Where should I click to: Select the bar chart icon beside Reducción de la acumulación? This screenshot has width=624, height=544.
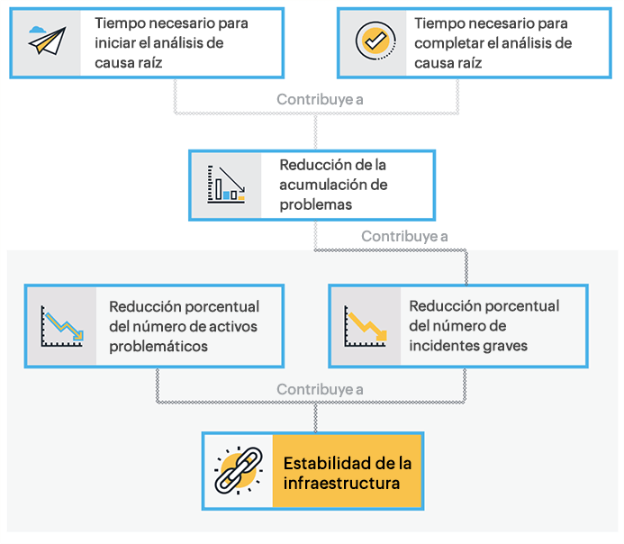pos(225,184)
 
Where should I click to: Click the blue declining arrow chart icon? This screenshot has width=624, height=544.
pos(61,326)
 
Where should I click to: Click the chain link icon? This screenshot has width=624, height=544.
pos(238,472)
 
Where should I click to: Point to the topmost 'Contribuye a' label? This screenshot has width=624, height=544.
pos(320,99)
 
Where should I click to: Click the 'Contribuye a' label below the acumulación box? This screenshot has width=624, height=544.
pos(404,237)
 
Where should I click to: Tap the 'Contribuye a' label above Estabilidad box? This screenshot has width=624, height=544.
pos(320,390)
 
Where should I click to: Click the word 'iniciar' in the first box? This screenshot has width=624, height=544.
pos(114,42)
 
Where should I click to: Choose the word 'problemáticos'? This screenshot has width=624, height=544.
pos(158,346)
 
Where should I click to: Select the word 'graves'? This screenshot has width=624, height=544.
pos(509,346)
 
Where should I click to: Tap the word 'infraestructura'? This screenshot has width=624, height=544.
pos(341,484)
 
